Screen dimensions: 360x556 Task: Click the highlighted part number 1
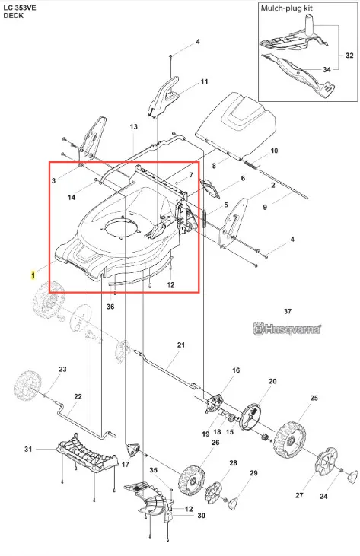pyautogui.click(x=33, y=275)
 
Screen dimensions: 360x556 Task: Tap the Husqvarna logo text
pyautogui.click(x=287, y=329)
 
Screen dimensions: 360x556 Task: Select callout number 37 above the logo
pyautogui.click(x=288, y=311)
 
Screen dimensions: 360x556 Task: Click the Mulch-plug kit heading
pyautogui.click(x=287, y=8)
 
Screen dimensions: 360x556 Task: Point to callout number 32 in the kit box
pyautogui.click(x=349, y=56)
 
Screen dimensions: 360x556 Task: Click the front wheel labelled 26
pyautogui.click(x=193, y=481)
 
